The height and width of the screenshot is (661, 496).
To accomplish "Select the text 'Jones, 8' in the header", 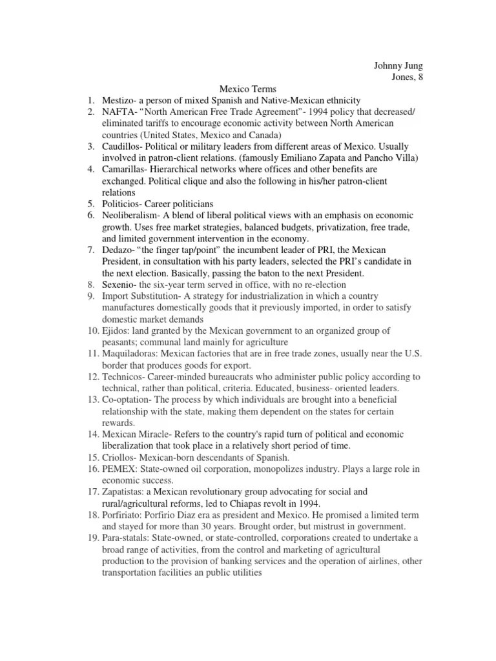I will [407, 77].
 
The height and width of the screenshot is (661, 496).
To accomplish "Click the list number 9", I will [90, 296].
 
